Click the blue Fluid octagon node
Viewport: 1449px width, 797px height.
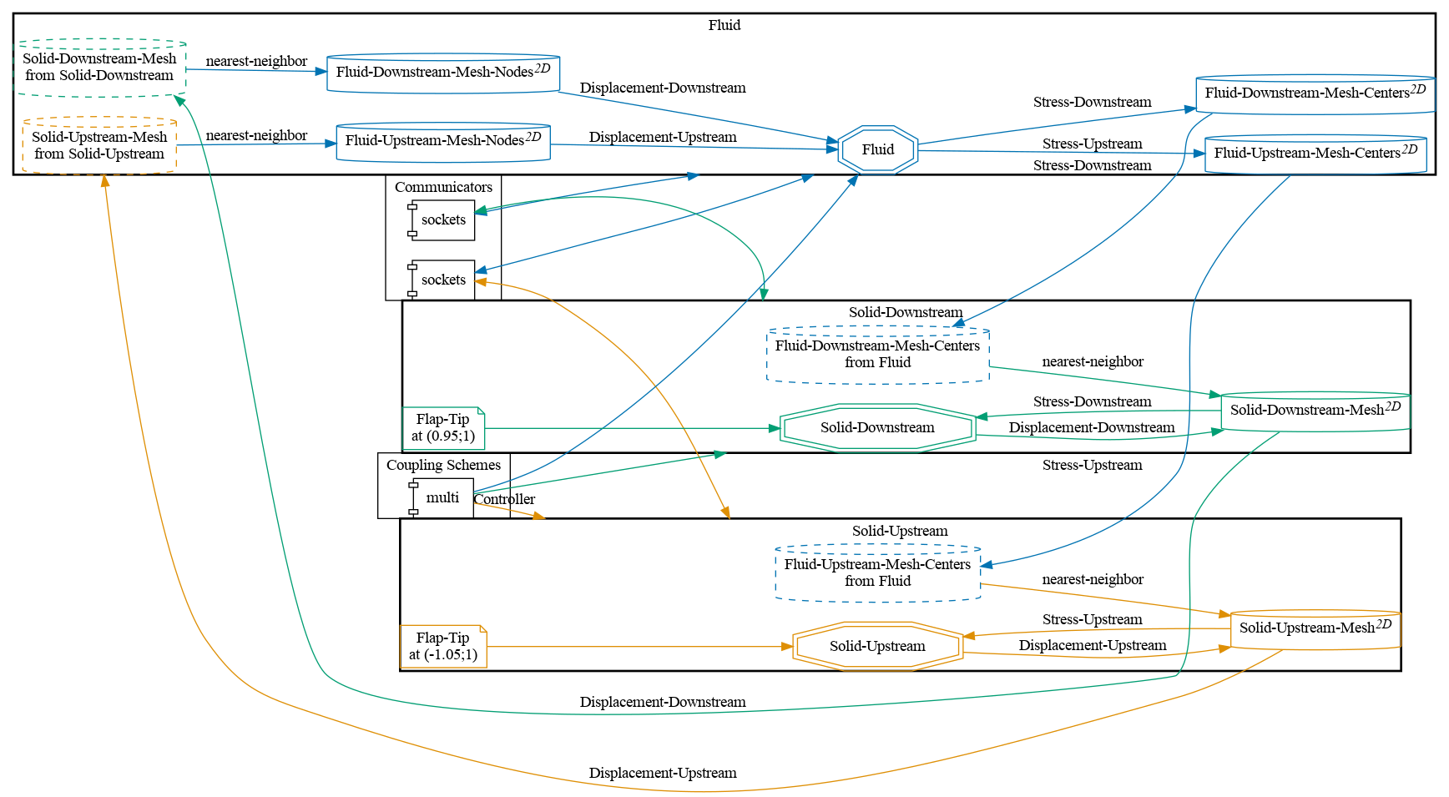click(877, 149)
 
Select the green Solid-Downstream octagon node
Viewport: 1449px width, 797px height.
click(877, 427)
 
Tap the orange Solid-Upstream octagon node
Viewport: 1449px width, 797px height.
click(877, 646)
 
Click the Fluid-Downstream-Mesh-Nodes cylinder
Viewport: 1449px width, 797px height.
click(442, 73)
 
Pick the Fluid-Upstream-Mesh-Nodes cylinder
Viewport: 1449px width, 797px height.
click(442, 141)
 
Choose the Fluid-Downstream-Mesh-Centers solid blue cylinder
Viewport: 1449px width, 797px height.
click(1315, 93)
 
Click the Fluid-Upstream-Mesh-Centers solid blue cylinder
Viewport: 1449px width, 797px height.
click(1315, 154)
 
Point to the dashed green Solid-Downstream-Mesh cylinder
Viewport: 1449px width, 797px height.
click(99, 68)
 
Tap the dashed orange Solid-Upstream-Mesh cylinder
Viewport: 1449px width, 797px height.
click(99, 145)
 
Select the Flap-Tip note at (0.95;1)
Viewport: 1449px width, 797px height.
click(443, 428)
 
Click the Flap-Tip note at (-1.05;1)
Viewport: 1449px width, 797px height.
click(443, 646)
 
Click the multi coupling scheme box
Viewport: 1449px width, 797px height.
click(442, 498)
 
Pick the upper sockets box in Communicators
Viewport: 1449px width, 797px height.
click(442, 220)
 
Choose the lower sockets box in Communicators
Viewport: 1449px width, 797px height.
click(442, 280)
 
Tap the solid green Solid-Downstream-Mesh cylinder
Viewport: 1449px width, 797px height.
click(1315, 411)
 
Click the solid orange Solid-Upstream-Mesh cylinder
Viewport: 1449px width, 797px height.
click(1315, 628)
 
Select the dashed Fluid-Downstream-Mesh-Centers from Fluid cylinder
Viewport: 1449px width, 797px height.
click(877, 355)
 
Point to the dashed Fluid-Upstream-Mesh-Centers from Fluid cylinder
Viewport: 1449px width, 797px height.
click(877, 573)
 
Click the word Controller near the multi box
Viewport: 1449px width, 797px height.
click(504, 500)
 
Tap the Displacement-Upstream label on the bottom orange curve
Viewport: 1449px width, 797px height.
click(663, 773)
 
